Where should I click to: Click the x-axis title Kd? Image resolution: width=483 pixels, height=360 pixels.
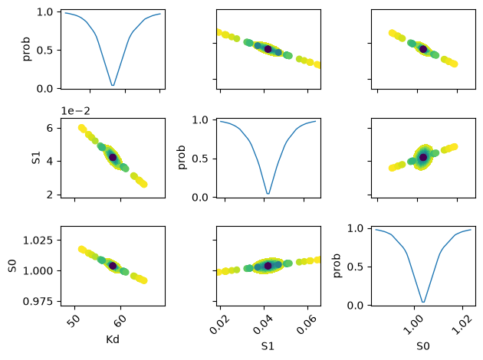pos(113,339)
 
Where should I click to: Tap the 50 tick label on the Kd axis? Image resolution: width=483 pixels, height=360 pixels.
pos(74,321)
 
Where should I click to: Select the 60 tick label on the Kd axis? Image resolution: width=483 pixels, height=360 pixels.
pos(120,321)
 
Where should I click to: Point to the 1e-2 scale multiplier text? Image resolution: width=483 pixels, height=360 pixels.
pos(75,111)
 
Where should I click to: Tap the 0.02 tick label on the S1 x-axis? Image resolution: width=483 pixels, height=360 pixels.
pos(219,324)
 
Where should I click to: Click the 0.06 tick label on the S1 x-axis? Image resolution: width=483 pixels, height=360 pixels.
pos(307,324)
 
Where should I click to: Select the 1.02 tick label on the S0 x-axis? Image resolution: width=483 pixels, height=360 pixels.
pos(462,324)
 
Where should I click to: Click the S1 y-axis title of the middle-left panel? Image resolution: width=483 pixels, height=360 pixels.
pos(36,158)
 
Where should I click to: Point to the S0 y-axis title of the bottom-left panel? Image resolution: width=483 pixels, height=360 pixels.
pos(12,266)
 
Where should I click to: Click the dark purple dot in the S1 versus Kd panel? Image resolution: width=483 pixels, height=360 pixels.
pos(113,157)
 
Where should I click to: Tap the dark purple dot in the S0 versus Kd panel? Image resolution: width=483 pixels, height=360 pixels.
pos(113,266)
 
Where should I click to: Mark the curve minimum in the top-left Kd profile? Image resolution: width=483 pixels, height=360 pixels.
pos(113,85)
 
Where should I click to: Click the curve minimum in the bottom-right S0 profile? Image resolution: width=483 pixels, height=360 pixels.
pos(423,302)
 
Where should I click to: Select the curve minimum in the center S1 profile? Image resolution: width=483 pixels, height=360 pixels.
pos(268,194)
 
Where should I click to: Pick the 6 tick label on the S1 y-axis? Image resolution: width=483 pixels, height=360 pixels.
pos(50,128)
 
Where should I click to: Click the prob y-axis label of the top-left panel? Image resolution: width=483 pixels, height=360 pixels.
pos(27,48)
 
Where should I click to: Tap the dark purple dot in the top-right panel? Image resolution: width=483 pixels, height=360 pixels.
pos(423,49)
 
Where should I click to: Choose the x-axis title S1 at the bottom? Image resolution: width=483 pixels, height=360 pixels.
pos(268,346)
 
